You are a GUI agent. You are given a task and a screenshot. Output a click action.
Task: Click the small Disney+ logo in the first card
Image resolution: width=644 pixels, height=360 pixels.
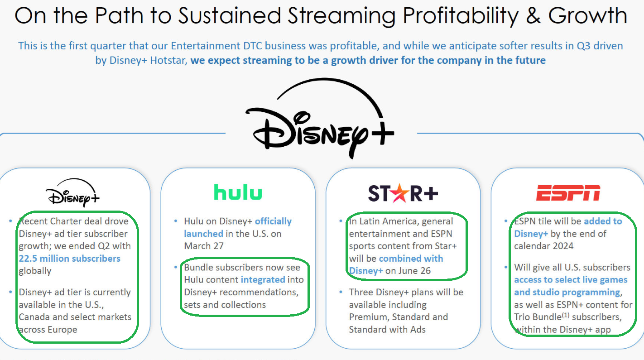[73, 192]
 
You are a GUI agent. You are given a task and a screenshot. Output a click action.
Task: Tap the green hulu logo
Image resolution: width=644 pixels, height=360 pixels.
[238, 192]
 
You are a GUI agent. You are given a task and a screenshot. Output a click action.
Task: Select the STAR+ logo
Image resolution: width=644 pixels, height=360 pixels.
[403, 193]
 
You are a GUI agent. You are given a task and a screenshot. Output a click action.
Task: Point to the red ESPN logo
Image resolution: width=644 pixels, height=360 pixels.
[568, 192]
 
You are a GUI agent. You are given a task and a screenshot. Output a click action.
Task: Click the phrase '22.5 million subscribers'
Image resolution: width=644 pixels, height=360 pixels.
[70, 259]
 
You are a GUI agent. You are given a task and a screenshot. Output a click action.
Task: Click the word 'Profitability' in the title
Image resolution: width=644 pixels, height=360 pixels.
[461, 15]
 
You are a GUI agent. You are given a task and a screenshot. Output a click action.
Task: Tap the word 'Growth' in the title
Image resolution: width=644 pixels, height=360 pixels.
[588, 15]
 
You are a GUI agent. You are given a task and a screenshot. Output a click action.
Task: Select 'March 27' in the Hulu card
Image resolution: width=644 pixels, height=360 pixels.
[204, 246]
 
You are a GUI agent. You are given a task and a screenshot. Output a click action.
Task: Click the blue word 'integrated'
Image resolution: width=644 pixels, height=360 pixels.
[263, 280]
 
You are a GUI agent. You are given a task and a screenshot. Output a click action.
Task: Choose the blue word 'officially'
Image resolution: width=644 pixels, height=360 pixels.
[273, 221]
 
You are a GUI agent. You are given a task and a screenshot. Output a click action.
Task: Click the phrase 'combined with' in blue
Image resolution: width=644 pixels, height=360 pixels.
[411, 259]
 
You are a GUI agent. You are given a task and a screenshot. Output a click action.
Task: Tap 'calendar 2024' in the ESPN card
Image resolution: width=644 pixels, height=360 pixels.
[543, 246]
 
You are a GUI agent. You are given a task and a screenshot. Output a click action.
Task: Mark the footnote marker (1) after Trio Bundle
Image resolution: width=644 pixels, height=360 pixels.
[566, 315]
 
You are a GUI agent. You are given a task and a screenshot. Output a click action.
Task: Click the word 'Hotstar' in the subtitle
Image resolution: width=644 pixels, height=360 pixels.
[168, 60]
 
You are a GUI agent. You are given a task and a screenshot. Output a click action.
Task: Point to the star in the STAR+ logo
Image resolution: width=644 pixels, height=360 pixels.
[399, 192]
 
